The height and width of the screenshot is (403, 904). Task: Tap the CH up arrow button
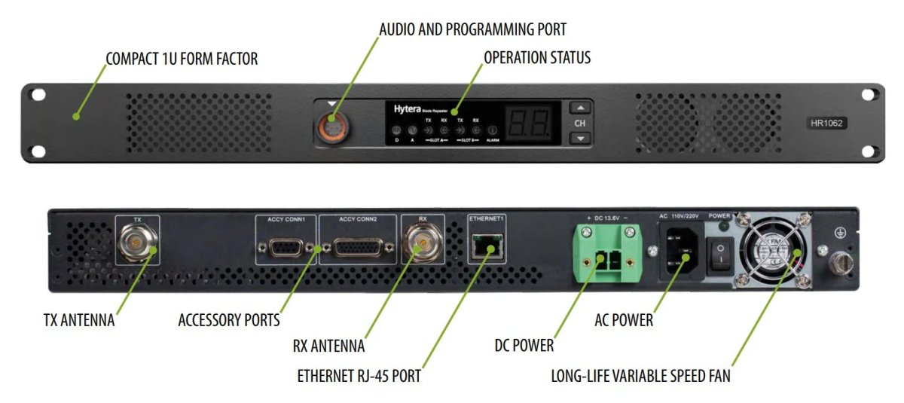pos(579,107)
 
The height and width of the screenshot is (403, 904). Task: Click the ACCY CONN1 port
pos(286,249)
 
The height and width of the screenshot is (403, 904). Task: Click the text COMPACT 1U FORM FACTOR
pos(182,59)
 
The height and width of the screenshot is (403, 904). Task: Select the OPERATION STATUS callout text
pos(536,58)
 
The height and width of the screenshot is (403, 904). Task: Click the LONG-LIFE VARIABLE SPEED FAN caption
pos(640,375)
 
